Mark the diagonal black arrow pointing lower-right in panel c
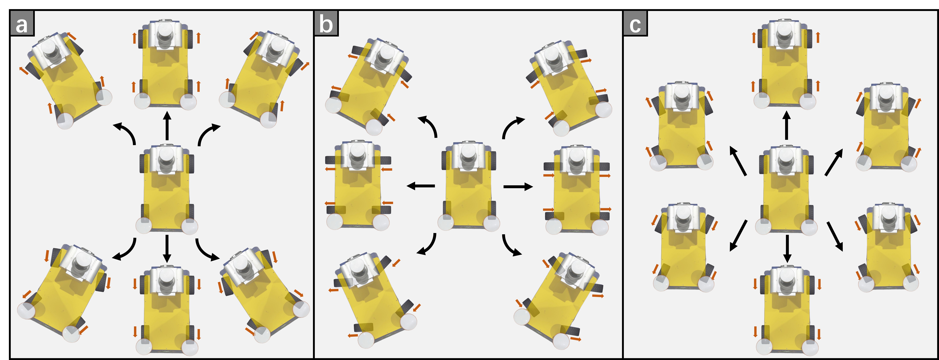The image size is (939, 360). [x=835, y=236]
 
